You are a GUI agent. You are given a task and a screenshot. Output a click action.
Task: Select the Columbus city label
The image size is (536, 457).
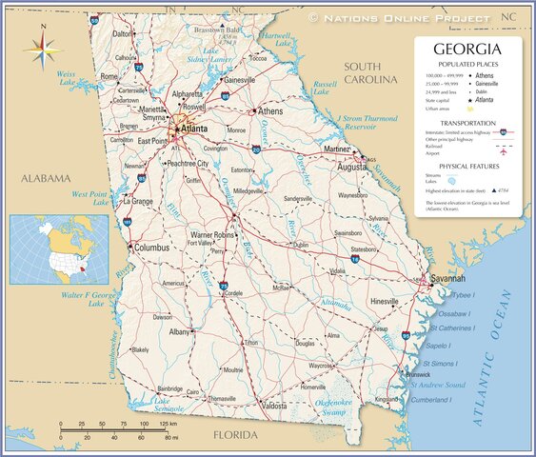click(x=151, y=248)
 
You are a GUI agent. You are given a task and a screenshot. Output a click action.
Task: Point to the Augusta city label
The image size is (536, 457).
click(x=351, y=166)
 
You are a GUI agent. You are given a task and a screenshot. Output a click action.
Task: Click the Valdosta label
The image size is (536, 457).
click(x=274, y=407)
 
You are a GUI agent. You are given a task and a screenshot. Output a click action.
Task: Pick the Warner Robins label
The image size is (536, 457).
click(x=213, y=233)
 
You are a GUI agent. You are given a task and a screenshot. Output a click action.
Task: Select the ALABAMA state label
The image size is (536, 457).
click(x=47, y=178)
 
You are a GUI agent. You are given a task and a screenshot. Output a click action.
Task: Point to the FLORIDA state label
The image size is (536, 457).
click(x=234, y=435)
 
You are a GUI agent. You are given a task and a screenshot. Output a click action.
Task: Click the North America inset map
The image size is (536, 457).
click(x=53, y=248)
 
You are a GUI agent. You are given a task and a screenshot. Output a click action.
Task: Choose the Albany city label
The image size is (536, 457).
click(x=180, y=332)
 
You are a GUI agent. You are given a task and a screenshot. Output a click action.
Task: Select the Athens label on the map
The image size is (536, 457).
click(x=270, y=111)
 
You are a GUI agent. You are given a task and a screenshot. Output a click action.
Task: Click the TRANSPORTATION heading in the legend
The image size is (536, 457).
click(x=467, y=123)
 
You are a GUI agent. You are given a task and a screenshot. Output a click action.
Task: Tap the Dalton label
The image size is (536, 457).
click(x=123, y=33)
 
